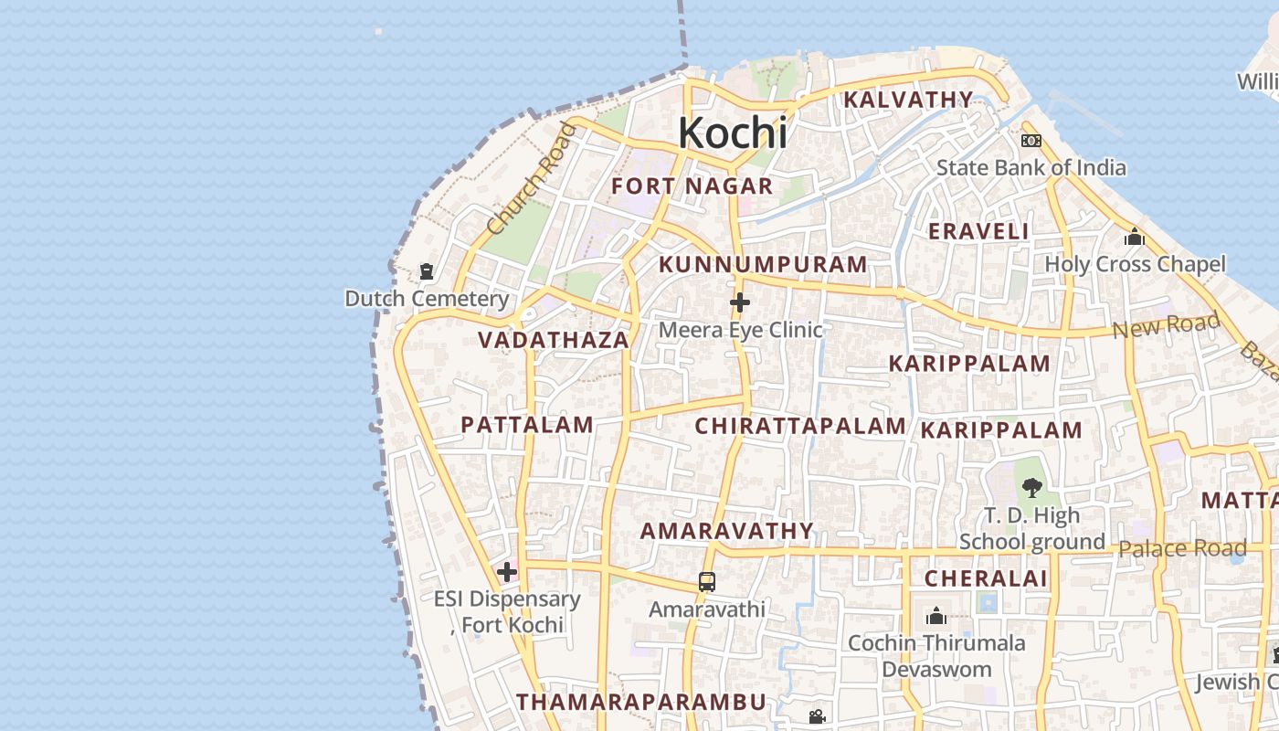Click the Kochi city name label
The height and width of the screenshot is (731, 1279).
coord(732,133)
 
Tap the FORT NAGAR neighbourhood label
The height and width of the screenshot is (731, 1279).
coord(692,186)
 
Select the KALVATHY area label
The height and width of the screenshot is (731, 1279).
coord(908,100)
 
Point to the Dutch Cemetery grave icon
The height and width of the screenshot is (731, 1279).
coord(427,271)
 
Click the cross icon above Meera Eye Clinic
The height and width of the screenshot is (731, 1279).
coord(740,302)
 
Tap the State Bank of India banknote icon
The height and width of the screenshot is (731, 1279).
coord(1031,141)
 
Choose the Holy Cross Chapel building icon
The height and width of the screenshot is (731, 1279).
coord(1135,238)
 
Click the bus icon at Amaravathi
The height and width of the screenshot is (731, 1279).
coord(707,581)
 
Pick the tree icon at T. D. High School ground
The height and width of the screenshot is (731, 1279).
coord(1032,488)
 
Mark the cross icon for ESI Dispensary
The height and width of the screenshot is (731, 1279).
coord(507,573)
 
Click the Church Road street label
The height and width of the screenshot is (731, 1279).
coord(533,178)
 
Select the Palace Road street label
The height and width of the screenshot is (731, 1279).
coord(1182,548)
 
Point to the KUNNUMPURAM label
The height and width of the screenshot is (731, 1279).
coord(763,265)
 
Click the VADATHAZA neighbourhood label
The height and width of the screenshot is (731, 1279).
coord(554,340)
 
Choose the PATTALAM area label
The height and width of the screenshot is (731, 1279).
coord(527,425)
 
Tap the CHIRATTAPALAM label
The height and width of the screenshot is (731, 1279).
coord(800,426)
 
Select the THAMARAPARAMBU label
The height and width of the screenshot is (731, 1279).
coord(640,702)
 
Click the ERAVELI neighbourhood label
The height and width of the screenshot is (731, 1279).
coord(978,231)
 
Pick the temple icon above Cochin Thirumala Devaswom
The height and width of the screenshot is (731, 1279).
coord(935,617)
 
